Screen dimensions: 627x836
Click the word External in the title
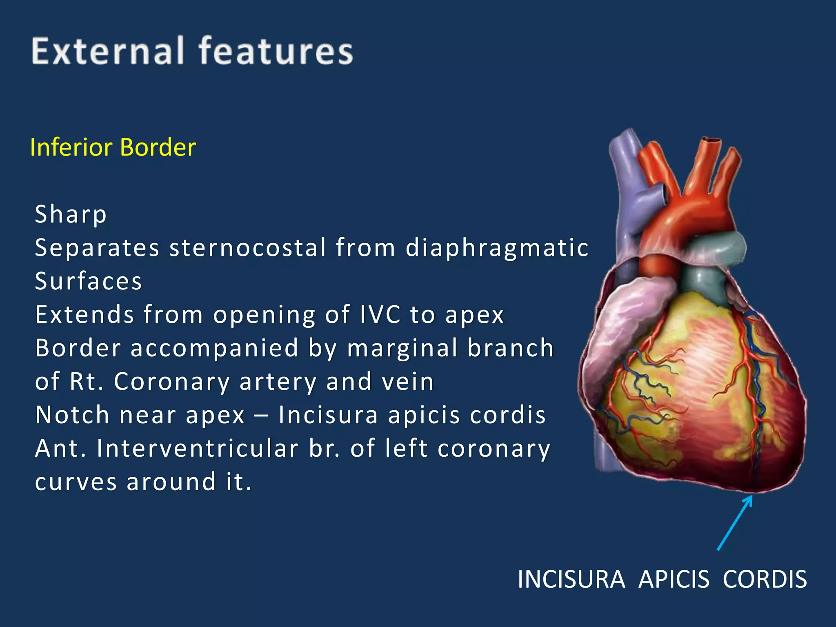click(108, 51)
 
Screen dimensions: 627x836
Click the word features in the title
click(276, 51)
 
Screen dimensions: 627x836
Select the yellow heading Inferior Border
click(113, 147)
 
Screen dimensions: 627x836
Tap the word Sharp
click(71, 214)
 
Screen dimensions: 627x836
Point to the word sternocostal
click(248, 248)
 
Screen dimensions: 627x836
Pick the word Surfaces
click(88, 281)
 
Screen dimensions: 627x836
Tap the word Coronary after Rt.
click(172, 382)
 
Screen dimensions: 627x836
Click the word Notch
click(72, 415)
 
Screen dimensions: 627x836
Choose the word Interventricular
click(198, 449)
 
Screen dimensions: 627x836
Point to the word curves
click(76, 482)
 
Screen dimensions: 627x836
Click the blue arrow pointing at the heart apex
click(735, 522)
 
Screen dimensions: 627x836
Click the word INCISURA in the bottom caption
click(571, 579)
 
